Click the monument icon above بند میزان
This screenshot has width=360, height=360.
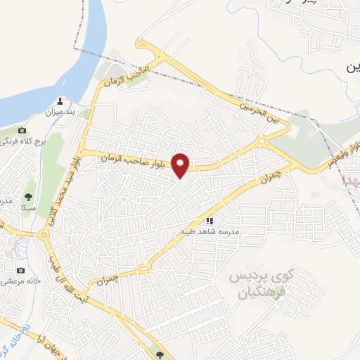[60, 99]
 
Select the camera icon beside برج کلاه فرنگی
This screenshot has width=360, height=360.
[22, 131]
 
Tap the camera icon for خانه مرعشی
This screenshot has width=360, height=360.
[21, 271]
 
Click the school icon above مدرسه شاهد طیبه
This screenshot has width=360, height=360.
[209, 221]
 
